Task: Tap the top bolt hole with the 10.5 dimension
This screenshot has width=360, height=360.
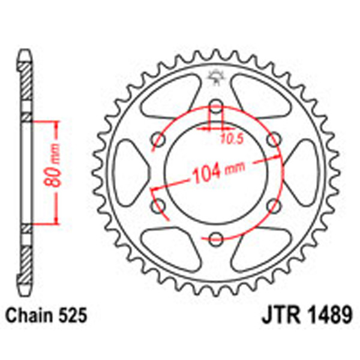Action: click(x=216, y=109)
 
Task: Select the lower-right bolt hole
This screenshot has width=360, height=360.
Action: click(x=274, y=205)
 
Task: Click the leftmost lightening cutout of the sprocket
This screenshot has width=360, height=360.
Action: click(x=128, y=172)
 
